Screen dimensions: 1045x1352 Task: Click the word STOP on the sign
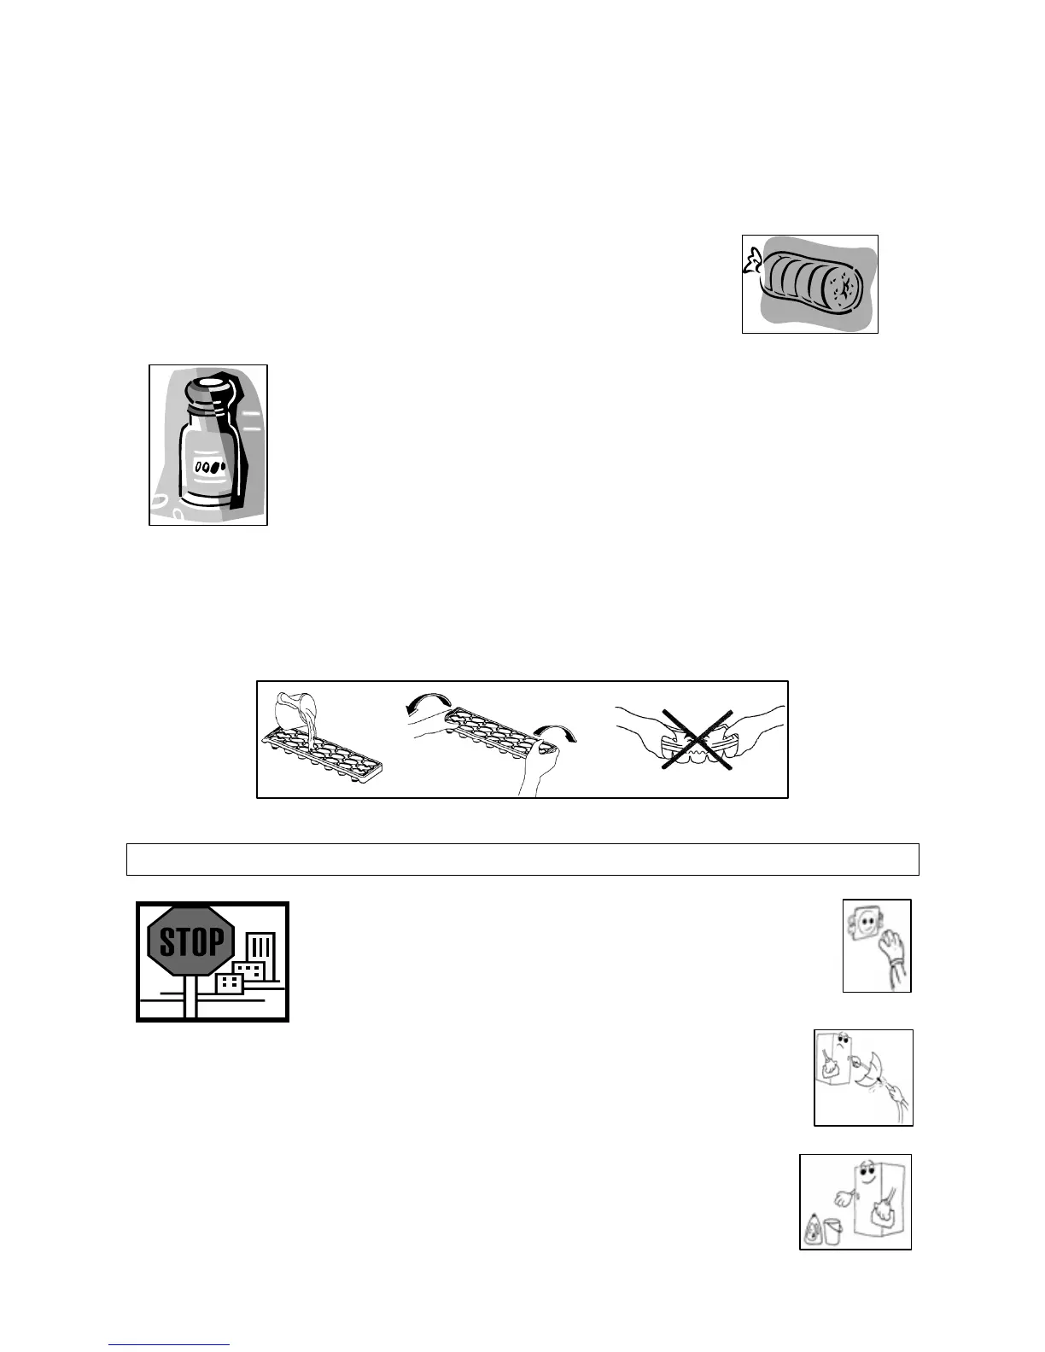191,942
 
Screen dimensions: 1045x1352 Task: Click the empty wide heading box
522,860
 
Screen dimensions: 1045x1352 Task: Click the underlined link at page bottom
169,1345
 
